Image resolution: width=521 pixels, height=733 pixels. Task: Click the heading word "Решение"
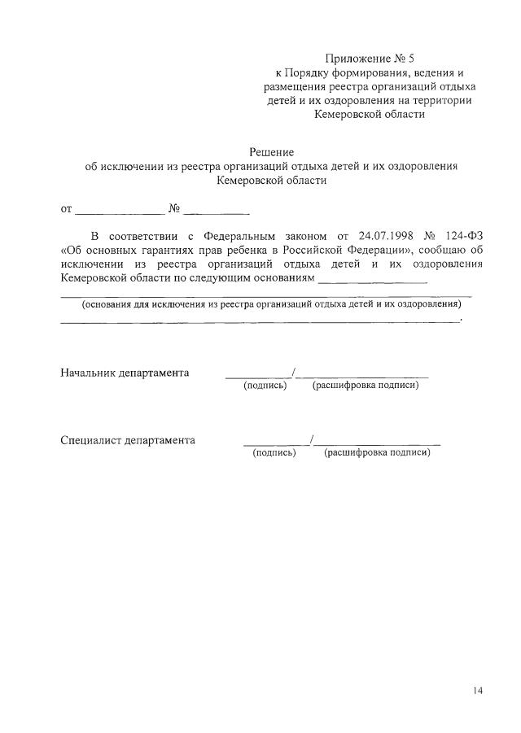tap(271, 152)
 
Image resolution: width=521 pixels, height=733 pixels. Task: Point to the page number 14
tap(477, 691)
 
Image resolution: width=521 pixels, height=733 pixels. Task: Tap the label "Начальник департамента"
tap(125, 373)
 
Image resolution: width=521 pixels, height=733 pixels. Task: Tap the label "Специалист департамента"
tap(128, 440)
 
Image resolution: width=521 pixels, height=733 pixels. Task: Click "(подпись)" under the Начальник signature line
tap(265, 386)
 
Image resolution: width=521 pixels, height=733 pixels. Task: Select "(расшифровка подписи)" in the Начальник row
tap(366, 386)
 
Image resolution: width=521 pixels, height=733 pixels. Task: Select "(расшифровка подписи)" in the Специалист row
tap(377, 453)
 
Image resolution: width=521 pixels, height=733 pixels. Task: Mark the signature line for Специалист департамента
tap(275, 443)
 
